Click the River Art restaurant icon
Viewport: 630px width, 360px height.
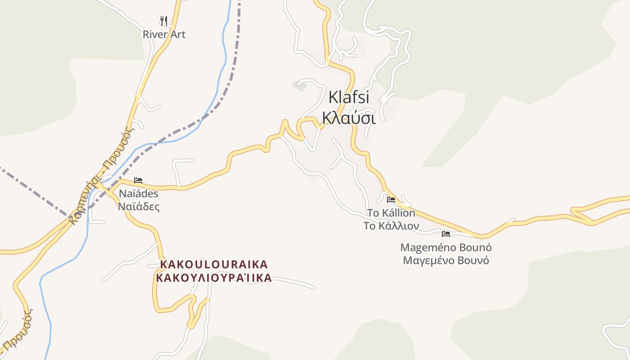[164, 21]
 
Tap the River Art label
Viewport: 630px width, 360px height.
[164, 34]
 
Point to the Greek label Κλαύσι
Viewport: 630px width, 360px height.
[349, 117]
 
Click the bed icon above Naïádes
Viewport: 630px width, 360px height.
[138, 180]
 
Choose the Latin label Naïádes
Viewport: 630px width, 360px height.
[139, 194]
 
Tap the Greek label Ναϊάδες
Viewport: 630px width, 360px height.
[139, 207]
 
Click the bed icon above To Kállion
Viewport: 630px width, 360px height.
[391, 200]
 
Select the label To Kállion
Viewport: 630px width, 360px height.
[391, 213]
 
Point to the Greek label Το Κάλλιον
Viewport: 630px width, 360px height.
[391, 226]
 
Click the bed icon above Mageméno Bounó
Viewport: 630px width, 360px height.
[446, 234]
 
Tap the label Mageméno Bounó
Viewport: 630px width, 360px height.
[446, 247]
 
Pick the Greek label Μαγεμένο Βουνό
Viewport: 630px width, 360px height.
[446, 261]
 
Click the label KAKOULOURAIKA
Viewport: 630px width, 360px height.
[214, 264]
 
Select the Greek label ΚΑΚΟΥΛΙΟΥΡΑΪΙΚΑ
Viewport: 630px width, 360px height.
[214, 278]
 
